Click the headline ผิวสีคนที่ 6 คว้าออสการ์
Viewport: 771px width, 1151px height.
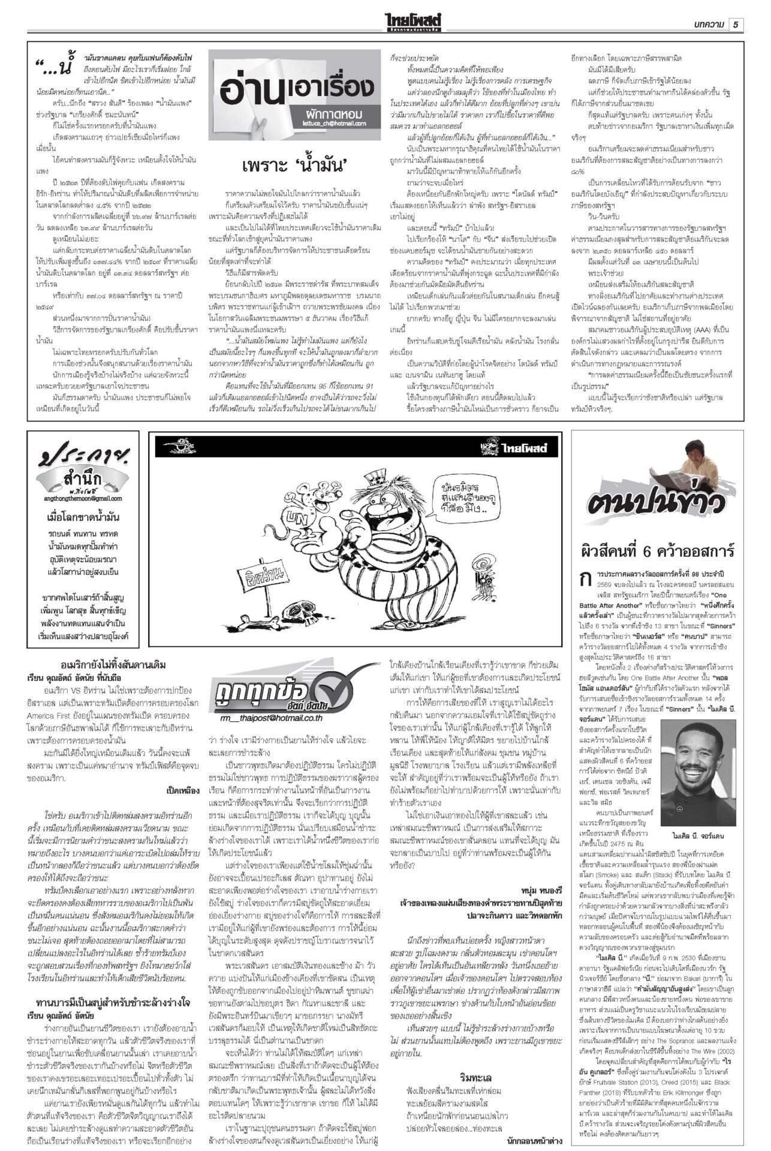click(x=658, y=550)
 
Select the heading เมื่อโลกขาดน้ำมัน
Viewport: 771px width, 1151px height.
click(x=83, y=517)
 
